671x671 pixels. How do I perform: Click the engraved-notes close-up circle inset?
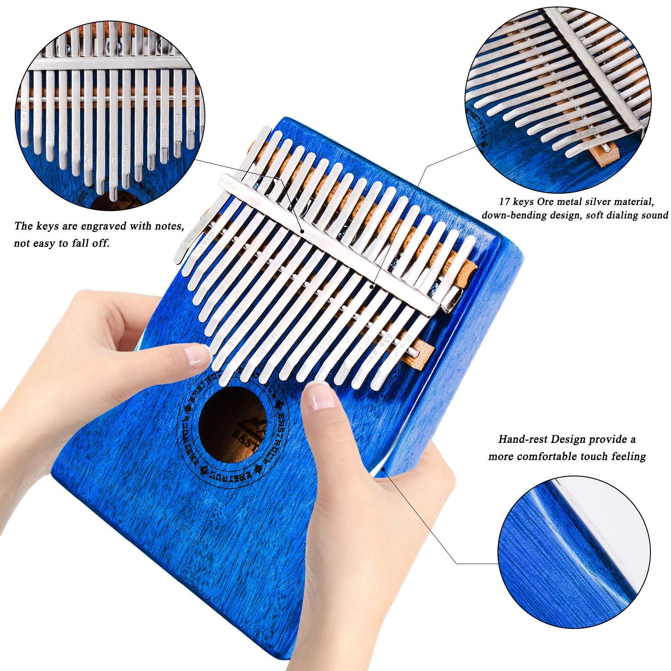coord(110,109)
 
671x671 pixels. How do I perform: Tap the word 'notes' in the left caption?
coord(167,226)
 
